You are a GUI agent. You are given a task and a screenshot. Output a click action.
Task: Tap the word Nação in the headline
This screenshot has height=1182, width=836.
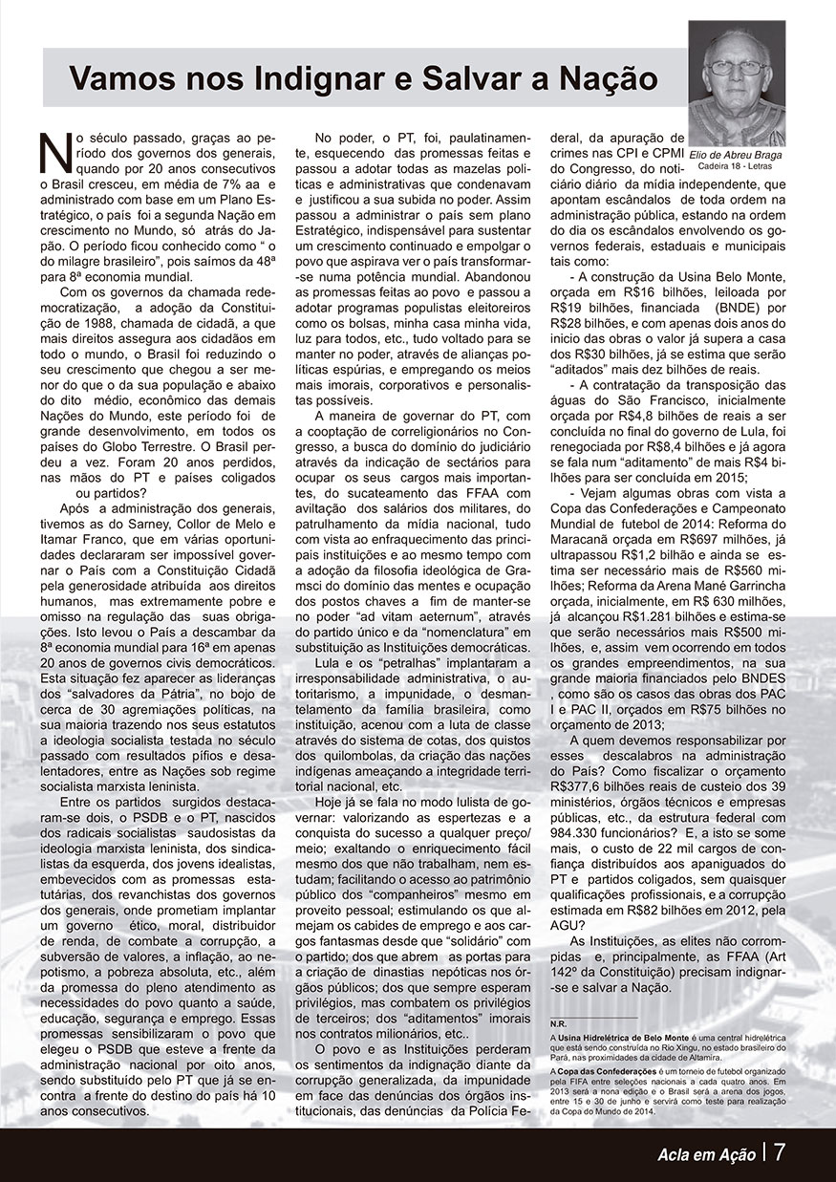click(607, 77)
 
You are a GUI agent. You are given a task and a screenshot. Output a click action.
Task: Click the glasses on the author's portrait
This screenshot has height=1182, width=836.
click(737, 68)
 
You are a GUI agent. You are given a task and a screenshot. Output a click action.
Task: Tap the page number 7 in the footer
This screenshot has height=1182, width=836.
click(780, 1151)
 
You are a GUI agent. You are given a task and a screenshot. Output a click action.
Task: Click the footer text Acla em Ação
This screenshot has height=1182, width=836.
click(706, 1153)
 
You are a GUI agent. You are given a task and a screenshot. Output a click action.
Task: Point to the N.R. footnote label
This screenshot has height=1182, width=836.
click(558, 1023)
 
